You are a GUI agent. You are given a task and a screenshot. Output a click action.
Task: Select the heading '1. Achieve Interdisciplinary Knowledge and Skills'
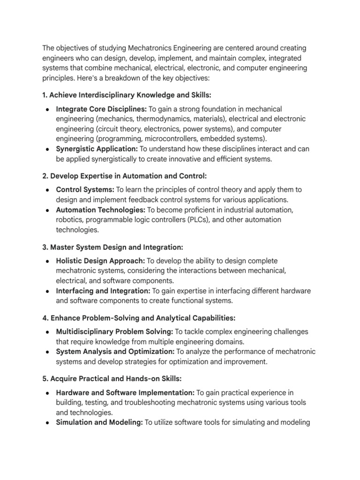pyautogui.click(x=127, y=96)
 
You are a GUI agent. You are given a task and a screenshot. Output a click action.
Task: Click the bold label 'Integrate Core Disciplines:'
pyautogui.click(x=101, y=109)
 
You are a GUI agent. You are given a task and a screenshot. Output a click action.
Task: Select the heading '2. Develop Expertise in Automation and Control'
pyautogui.click(x=124, y=176)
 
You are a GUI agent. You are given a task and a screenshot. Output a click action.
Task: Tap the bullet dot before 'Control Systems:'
pyautogui.click(x=48, y=190)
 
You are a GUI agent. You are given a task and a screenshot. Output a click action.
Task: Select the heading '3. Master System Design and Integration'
pyautogui.click(x=112, y=247)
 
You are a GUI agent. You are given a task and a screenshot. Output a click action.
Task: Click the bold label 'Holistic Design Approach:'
pyautogui.click(x=100, y=261)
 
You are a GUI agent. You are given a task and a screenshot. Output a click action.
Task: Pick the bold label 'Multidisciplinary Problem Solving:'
pyautogui.click(x=114, y=332)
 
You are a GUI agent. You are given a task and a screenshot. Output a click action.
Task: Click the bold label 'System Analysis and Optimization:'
pyautogui.click(x=115, y=352)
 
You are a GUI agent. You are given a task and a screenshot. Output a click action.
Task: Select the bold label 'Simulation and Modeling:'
pyautogui.click(x=99, y=422)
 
